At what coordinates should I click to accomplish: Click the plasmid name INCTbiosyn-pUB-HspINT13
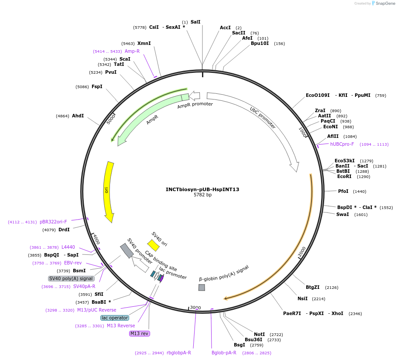click(x=202, y=189)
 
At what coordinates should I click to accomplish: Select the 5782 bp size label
click(x=202, y=195)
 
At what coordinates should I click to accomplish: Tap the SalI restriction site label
click(x=195, y=22)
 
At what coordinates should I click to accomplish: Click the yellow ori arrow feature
click(x=108, y=191)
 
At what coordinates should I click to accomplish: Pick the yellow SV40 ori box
click(x=153, y=245)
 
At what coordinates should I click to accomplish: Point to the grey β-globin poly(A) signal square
click(x=202, y=288)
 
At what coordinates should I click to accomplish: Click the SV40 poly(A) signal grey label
click(x=71, y=278)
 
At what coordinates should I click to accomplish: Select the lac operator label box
click(x=115, y=318)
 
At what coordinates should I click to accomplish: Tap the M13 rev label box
click(x=140, y=333)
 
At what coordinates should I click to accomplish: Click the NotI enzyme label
click(x=260, y=334)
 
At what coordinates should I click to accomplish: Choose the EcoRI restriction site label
click(x=344, y=176)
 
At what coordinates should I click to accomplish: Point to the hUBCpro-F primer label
click(x=342, y=144)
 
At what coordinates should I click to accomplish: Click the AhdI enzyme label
click(x=78, y=116)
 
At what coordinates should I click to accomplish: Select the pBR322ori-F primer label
click(x=53, y=222)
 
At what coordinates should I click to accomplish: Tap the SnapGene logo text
click(x=383, y=3)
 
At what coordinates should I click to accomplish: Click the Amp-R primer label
click(x=132, y=51)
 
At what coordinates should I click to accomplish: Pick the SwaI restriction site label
click(x=342, y=214)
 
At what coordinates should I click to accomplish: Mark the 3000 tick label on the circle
click(x=195, y=308)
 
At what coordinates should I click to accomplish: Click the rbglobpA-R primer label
click(x=179, y=353)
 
